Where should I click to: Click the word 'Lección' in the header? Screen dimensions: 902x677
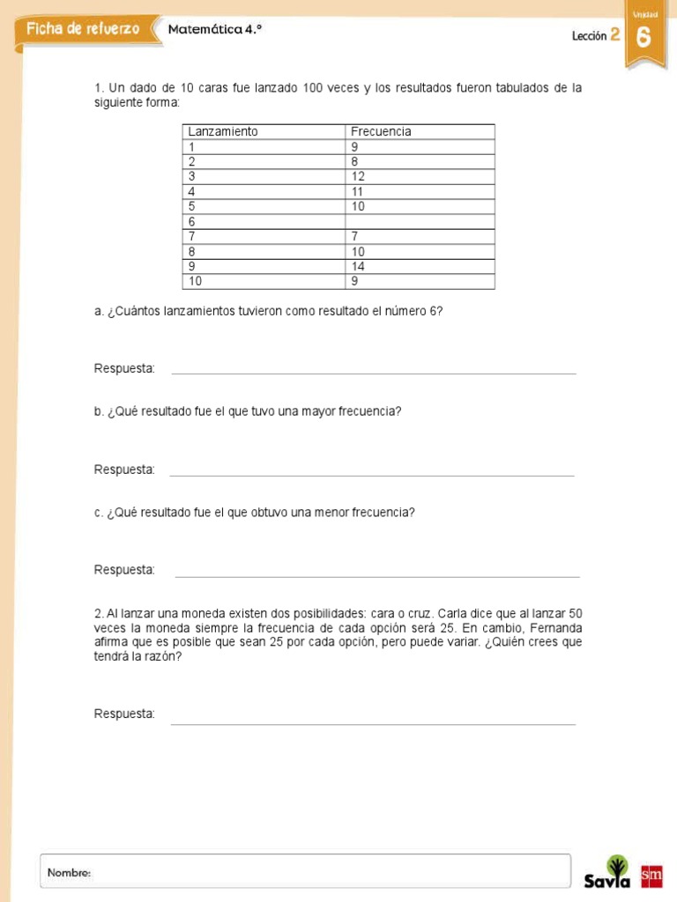click(x=589, y=36)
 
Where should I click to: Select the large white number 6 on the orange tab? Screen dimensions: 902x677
click(x=644, y=37)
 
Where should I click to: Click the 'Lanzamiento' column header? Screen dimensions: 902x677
click(x=223, y=131)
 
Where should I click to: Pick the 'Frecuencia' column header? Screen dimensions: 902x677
click(x=381, y=131)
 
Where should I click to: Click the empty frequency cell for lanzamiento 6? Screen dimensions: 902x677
click(x=419, y=221)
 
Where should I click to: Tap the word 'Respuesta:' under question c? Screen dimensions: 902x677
click(x=124, y=570)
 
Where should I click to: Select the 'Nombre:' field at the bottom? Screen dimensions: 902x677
click(x=304, y=871)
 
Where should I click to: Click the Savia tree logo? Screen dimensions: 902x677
click(x=609, y=871)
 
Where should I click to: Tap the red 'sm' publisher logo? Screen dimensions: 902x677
click(x=651, y=875)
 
